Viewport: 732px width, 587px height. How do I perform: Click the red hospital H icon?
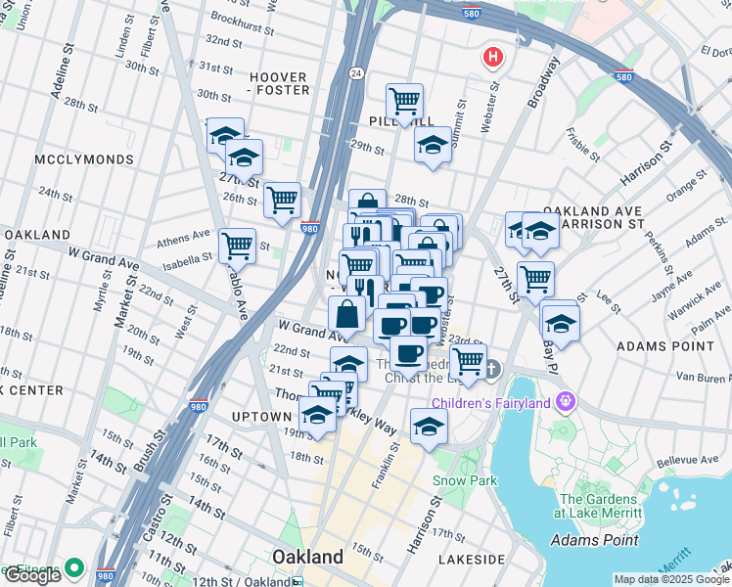tap(492, 59)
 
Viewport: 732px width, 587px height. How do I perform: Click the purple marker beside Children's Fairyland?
tap(565, 400)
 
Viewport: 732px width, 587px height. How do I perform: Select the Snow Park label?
tap(465, 480)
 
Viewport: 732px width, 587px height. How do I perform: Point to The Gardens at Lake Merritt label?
tap(597, 506)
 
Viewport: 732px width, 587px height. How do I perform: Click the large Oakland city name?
tap(306, 557)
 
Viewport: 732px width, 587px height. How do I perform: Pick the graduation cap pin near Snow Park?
tap(428, 426)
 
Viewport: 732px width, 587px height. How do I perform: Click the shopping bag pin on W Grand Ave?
tap(347, 315)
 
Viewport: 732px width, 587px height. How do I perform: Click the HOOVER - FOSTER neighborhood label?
tap(279, 83)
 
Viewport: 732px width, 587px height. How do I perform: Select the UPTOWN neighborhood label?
tap(261, 417)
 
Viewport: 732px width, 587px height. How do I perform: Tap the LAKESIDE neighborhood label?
tap(472, 560)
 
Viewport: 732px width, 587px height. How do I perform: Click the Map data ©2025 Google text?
tap(671, 579)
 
